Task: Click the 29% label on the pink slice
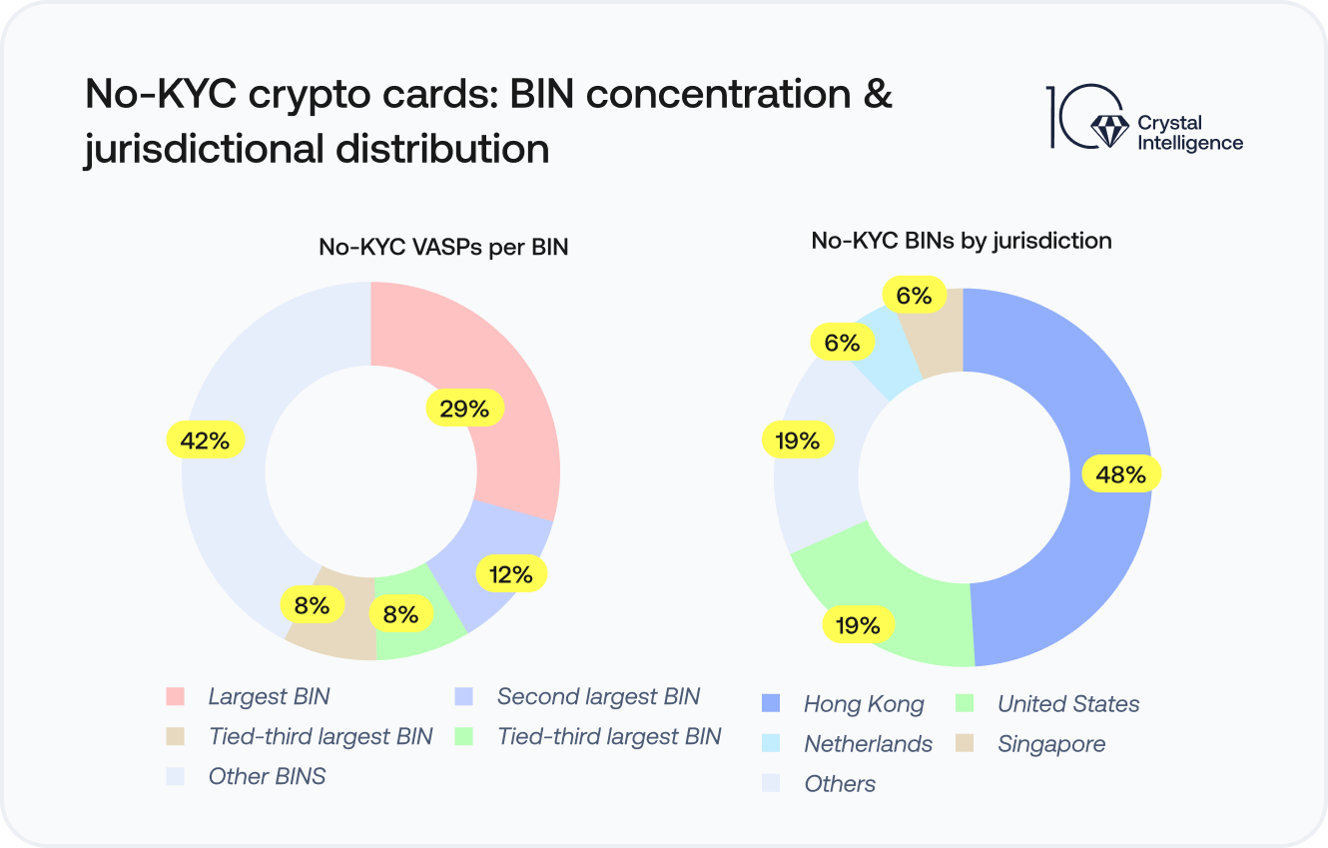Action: (464, 409)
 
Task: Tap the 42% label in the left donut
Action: (206, 439)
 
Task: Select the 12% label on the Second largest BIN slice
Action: (510, 573)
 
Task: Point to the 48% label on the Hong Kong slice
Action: (1120, 474)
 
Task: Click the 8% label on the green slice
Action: (400, 614)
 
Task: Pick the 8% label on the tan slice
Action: (312, 604)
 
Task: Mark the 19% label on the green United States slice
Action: (858, 625)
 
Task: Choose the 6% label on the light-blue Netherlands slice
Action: (842, 343)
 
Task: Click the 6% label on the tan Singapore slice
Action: (914, 296)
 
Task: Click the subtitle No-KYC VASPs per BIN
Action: (443, 247)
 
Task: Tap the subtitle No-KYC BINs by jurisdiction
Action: (962, 240)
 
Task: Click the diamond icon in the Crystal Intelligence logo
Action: (1106, 128)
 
